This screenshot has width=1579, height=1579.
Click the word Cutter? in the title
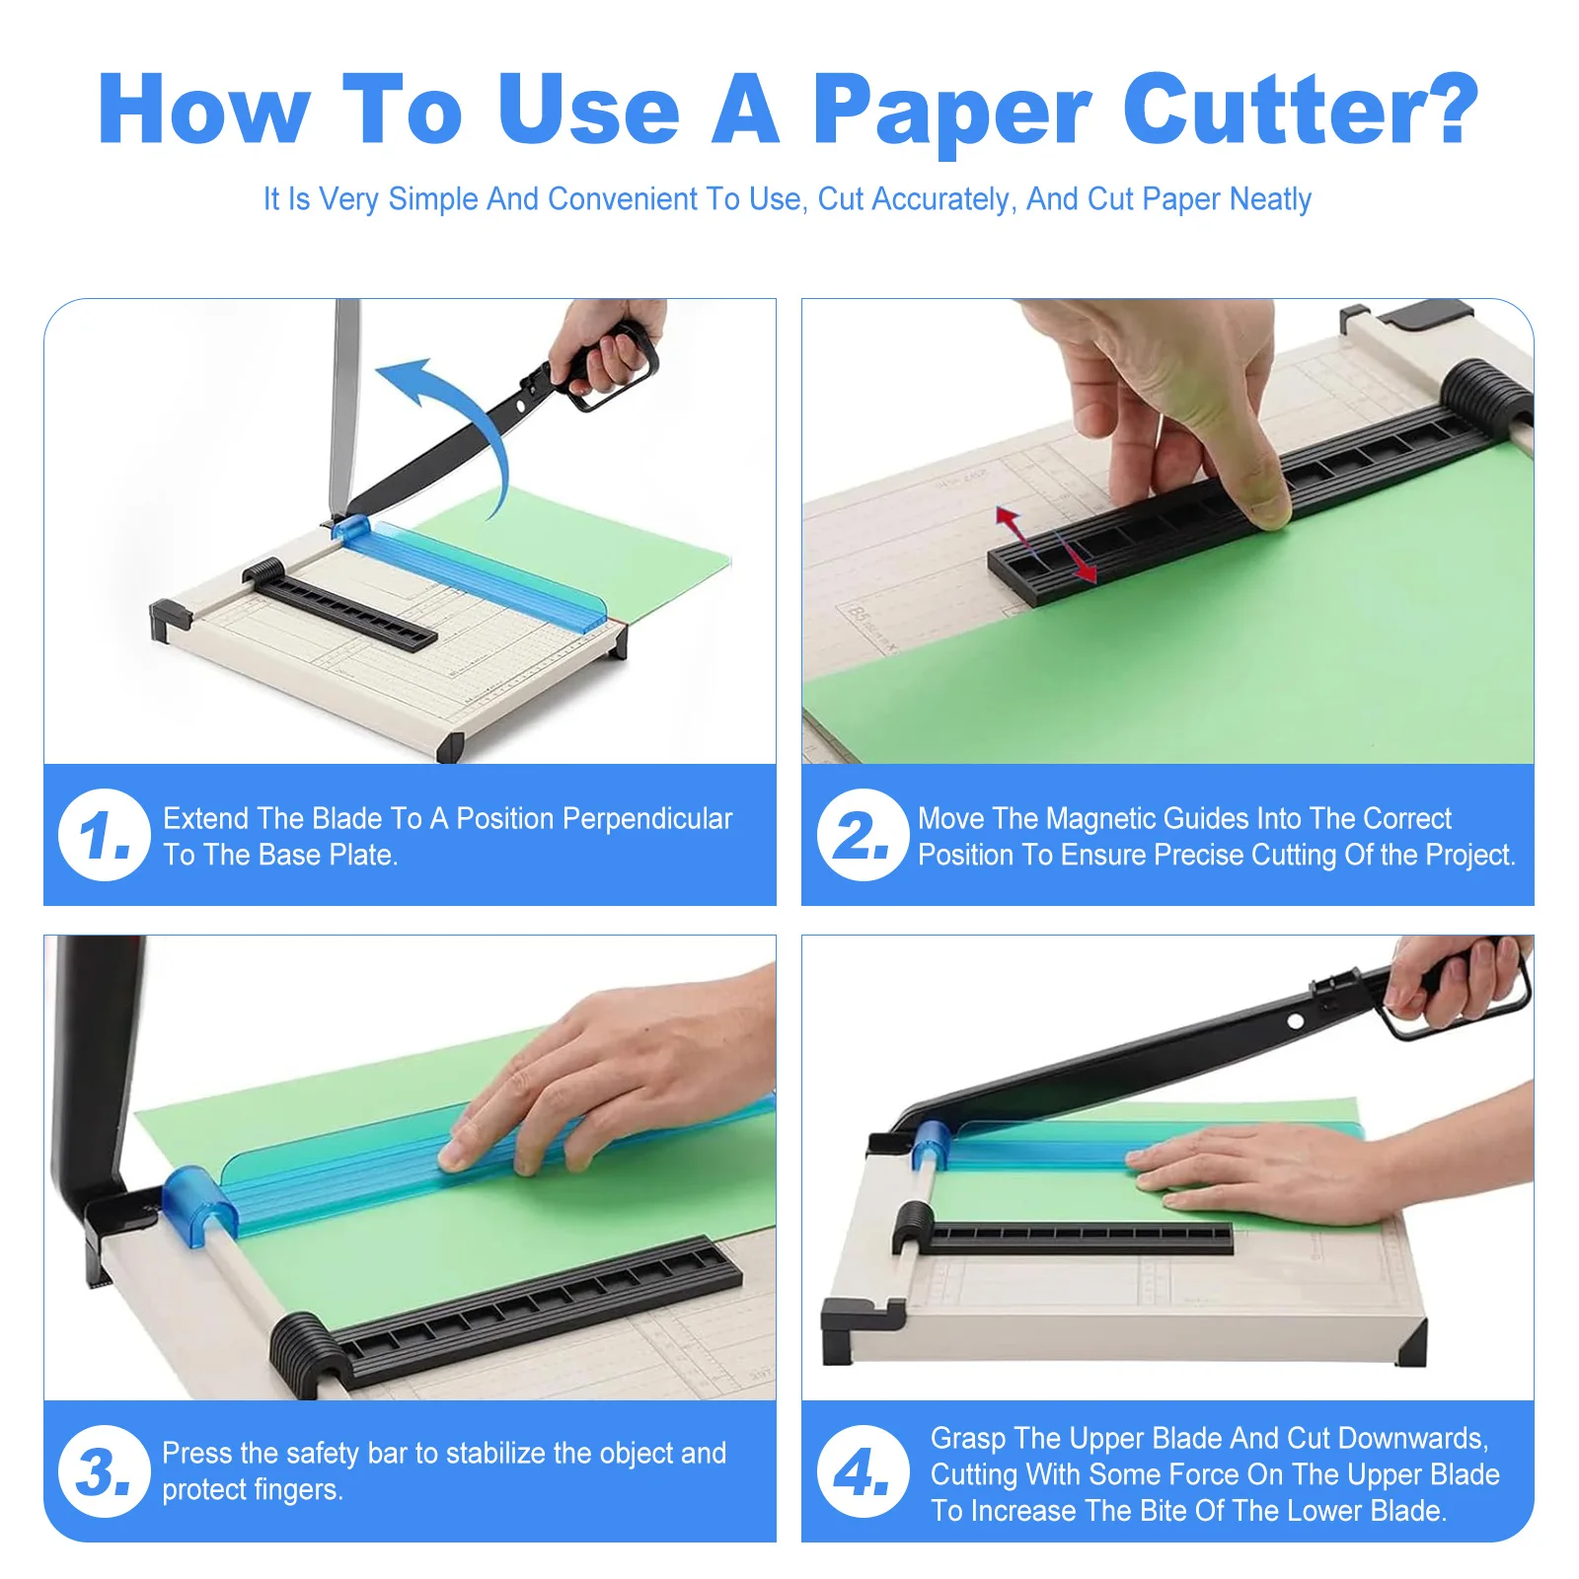point(1300,109)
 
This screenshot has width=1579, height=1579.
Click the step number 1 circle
point(104,835)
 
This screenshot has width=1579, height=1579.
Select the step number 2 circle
point(863,835)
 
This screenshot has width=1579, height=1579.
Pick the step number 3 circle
point(104,1471)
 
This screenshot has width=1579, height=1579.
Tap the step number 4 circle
point(863,1471)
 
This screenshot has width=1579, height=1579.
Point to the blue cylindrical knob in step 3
point(199,1204)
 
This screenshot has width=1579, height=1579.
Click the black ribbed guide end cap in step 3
point(307,1354)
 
